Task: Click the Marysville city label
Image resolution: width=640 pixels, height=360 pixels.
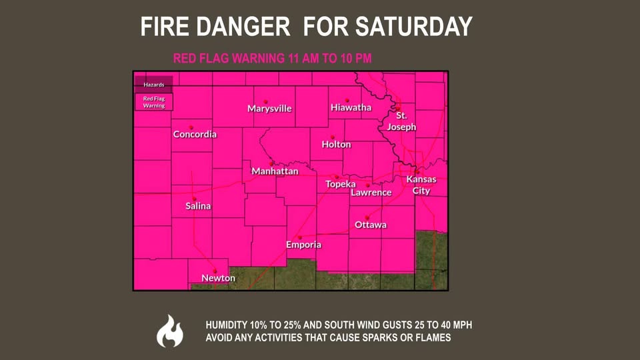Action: [269, 109]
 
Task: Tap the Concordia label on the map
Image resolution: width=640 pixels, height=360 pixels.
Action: [195, 135]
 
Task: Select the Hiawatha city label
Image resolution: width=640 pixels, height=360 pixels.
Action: [351, 107]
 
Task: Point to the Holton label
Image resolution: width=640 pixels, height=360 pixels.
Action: [336, 145]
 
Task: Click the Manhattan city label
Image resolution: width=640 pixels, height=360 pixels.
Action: [275, 171]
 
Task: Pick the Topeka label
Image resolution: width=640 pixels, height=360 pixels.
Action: [340, 184]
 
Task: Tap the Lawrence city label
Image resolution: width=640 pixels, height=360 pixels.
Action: [371, 193]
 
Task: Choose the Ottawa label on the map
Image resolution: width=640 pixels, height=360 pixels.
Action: [371, 225]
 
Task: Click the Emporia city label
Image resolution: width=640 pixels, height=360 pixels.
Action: [303, 245]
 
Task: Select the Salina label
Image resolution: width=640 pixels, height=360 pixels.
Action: [198, 206]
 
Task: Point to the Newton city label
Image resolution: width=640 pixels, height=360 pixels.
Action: [218, 278]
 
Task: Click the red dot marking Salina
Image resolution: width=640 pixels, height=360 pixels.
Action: [194, 199]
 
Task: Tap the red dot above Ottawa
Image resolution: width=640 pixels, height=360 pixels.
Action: [368, 217]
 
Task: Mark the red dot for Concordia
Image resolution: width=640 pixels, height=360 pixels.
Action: [191, 127]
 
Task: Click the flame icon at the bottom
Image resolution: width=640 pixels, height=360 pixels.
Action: [169, 331]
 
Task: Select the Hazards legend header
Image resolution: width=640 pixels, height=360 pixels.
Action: [153, 85]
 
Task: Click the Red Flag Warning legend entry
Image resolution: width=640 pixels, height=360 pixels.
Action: [154, 102]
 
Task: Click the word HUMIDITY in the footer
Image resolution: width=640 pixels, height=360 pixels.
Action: [230, 325]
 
